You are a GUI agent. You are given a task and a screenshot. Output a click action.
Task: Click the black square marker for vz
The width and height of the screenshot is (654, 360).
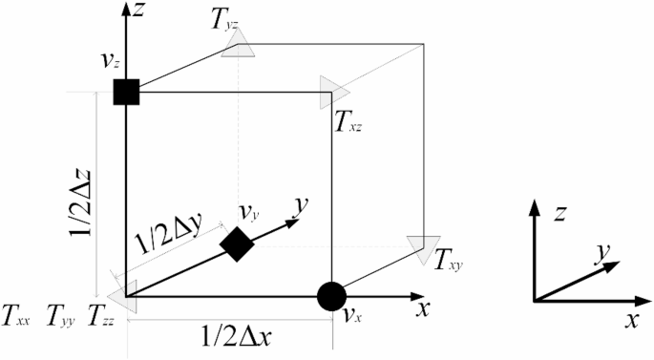pos(126,92)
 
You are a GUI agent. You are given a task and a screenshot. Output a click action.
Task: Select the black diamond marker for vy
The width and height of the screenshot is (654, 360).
pos(237,244)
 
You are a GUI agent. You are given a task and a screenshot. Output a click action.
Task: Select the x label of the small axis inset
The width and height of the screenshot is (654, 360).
pos(631,321)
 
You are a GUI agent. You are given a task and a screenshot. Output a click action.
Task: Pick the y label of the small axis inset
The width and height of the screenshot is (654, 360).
pos(601,252)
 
